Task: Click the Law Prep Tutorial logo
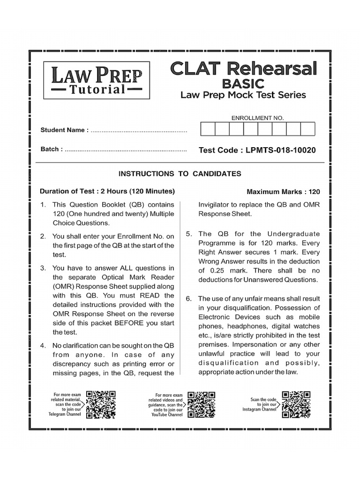coord(93,80)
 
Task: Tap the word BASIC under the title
coord(243,83)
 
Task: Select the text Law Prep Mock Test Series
coord(243,95)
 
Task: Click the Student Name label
coord(64,130)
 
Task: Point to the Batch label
coord(52,149)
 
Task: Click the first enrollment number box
coord(208,129)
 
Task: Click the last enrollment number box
coord(307,129)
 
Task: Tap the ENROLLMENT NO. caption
coord(257,118)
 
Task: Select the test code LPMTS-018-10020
coord(257,150)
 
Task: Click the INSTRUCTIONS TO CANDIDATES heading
coord(180,174)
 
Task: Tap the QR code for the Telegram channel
coord(101,405)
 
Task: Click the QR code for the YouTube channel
coord(201,405)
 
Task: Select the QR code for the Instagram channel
coord(295,404)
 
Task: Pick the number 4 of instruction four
coord(43,345)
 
